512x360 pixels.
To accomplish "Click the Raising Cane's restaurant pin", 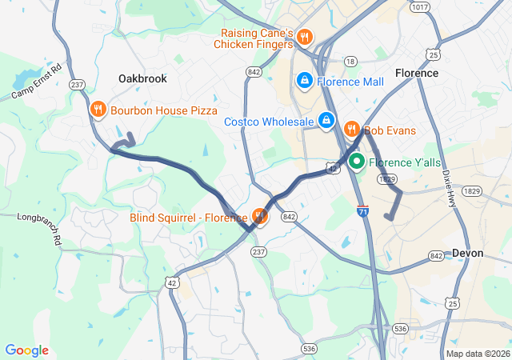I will click(x=305, y=37).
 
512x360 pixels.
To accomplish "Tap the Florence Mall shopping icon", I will click(x=305, y=81).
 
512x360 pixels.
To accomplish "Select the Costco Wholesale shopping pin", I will click(x=326, y=121).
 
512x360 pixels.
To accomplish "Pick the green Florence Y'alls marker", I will click(x=357, y=162).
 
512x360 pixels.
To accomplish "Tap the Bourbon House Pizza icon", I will click(x=98, y=110).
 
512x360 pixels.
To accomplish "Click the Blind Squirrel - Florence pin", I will click(x=259, y=217).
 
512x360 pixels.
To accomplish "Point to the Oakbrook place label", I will click(x=142, y=78).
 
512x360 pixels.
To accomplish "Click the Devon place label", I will click(x=468, y=253).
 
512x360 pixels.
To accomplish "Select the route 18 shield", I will click(x=350, y=61).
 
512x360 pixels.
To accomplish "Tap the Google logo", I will click(x=26, y=350).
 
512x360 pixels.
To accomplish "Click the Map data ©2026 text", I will click(x=477, y=354).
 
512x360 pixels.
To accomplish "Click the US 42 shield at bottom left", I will click(x=173, y=283).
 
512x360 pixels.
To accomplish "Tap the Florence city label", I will click(x=416, y=73).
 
